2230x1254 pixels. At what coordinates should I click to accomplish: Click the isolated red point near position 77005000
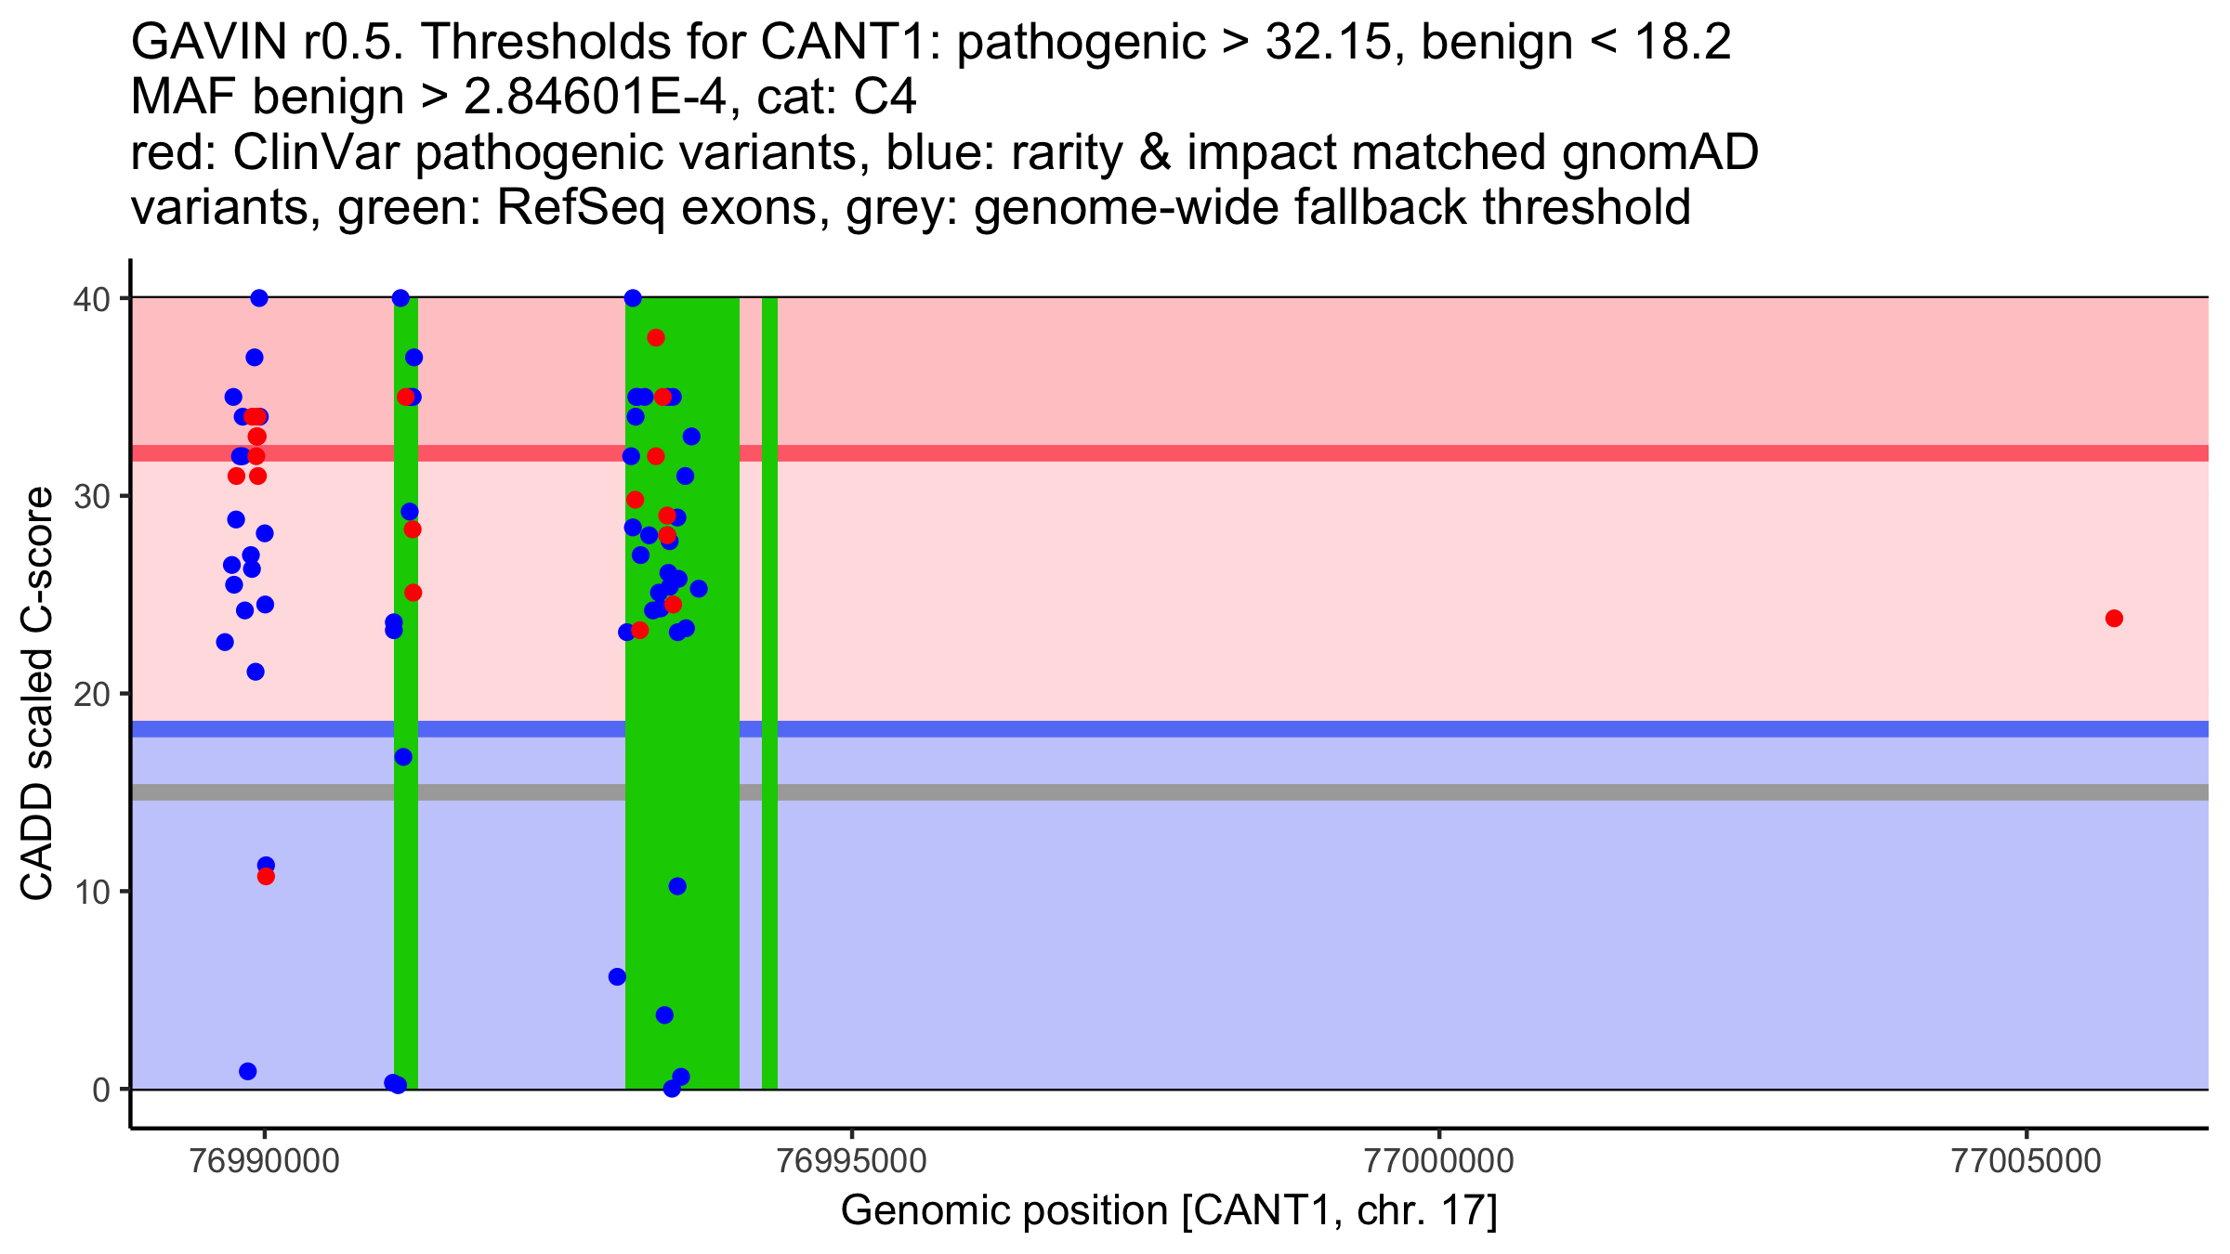click(2114, 619)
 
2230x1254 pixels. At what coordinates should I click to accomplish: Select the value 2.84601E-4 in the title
click(595, 98)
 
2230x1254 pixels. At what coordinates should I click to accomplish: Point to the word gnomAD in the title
click(1659, 153)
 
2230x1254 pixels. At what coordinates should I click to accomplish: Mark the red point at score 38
click(656, 337)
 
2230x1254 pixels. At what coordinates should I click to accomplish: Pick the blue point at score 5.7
click(617, 976)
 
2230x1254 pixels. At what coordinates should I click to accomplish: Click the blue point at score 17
click(403, 757)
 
